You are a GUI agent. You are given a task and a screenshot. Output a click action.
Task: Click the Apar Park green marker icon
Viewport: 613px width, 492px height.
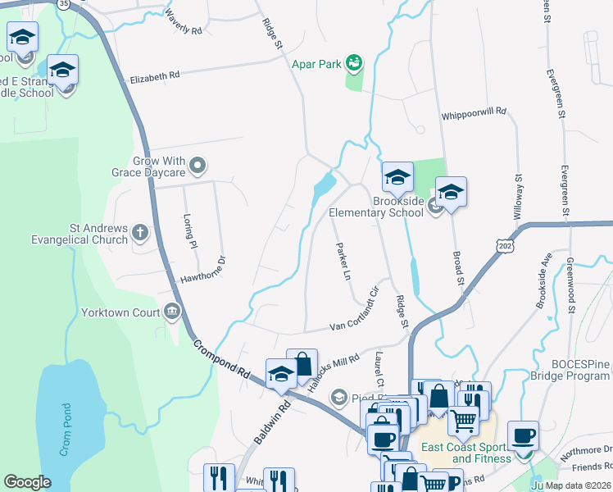354,62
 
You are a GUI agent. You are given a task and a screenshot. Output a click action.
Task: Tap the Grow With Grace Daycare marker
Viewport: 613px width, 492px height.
198,167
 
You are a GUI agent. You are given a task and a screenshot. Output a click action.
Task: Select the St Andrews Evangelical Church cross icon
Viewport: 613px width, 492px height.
140,234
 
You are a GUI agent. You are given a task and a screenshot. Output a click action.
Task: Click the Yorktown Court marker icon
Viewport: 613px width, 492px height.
172,312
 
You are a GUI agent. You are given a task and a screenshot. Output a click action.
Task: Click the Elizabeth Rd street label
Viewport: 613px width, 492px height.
155,76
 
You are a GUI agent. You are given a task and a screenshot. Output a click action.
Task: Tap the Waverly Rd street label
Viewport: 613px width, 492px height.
183,22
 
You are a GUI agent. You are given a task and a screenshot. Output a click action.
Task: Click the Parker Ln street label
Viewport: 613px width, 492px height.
343,261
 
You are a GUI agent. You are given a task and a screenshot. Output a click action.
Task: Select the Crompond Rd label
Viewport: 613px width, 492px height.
221,359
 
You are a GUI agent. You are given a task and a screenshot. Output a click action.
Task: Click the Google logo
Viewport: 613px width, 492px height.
27,482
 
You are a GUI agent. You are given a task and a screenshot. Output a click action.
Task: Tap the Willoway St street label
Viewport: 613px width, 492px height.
518,197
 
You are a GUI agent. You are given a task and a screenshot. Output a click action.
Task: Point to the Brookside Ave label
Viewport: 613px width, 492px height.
543,279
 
